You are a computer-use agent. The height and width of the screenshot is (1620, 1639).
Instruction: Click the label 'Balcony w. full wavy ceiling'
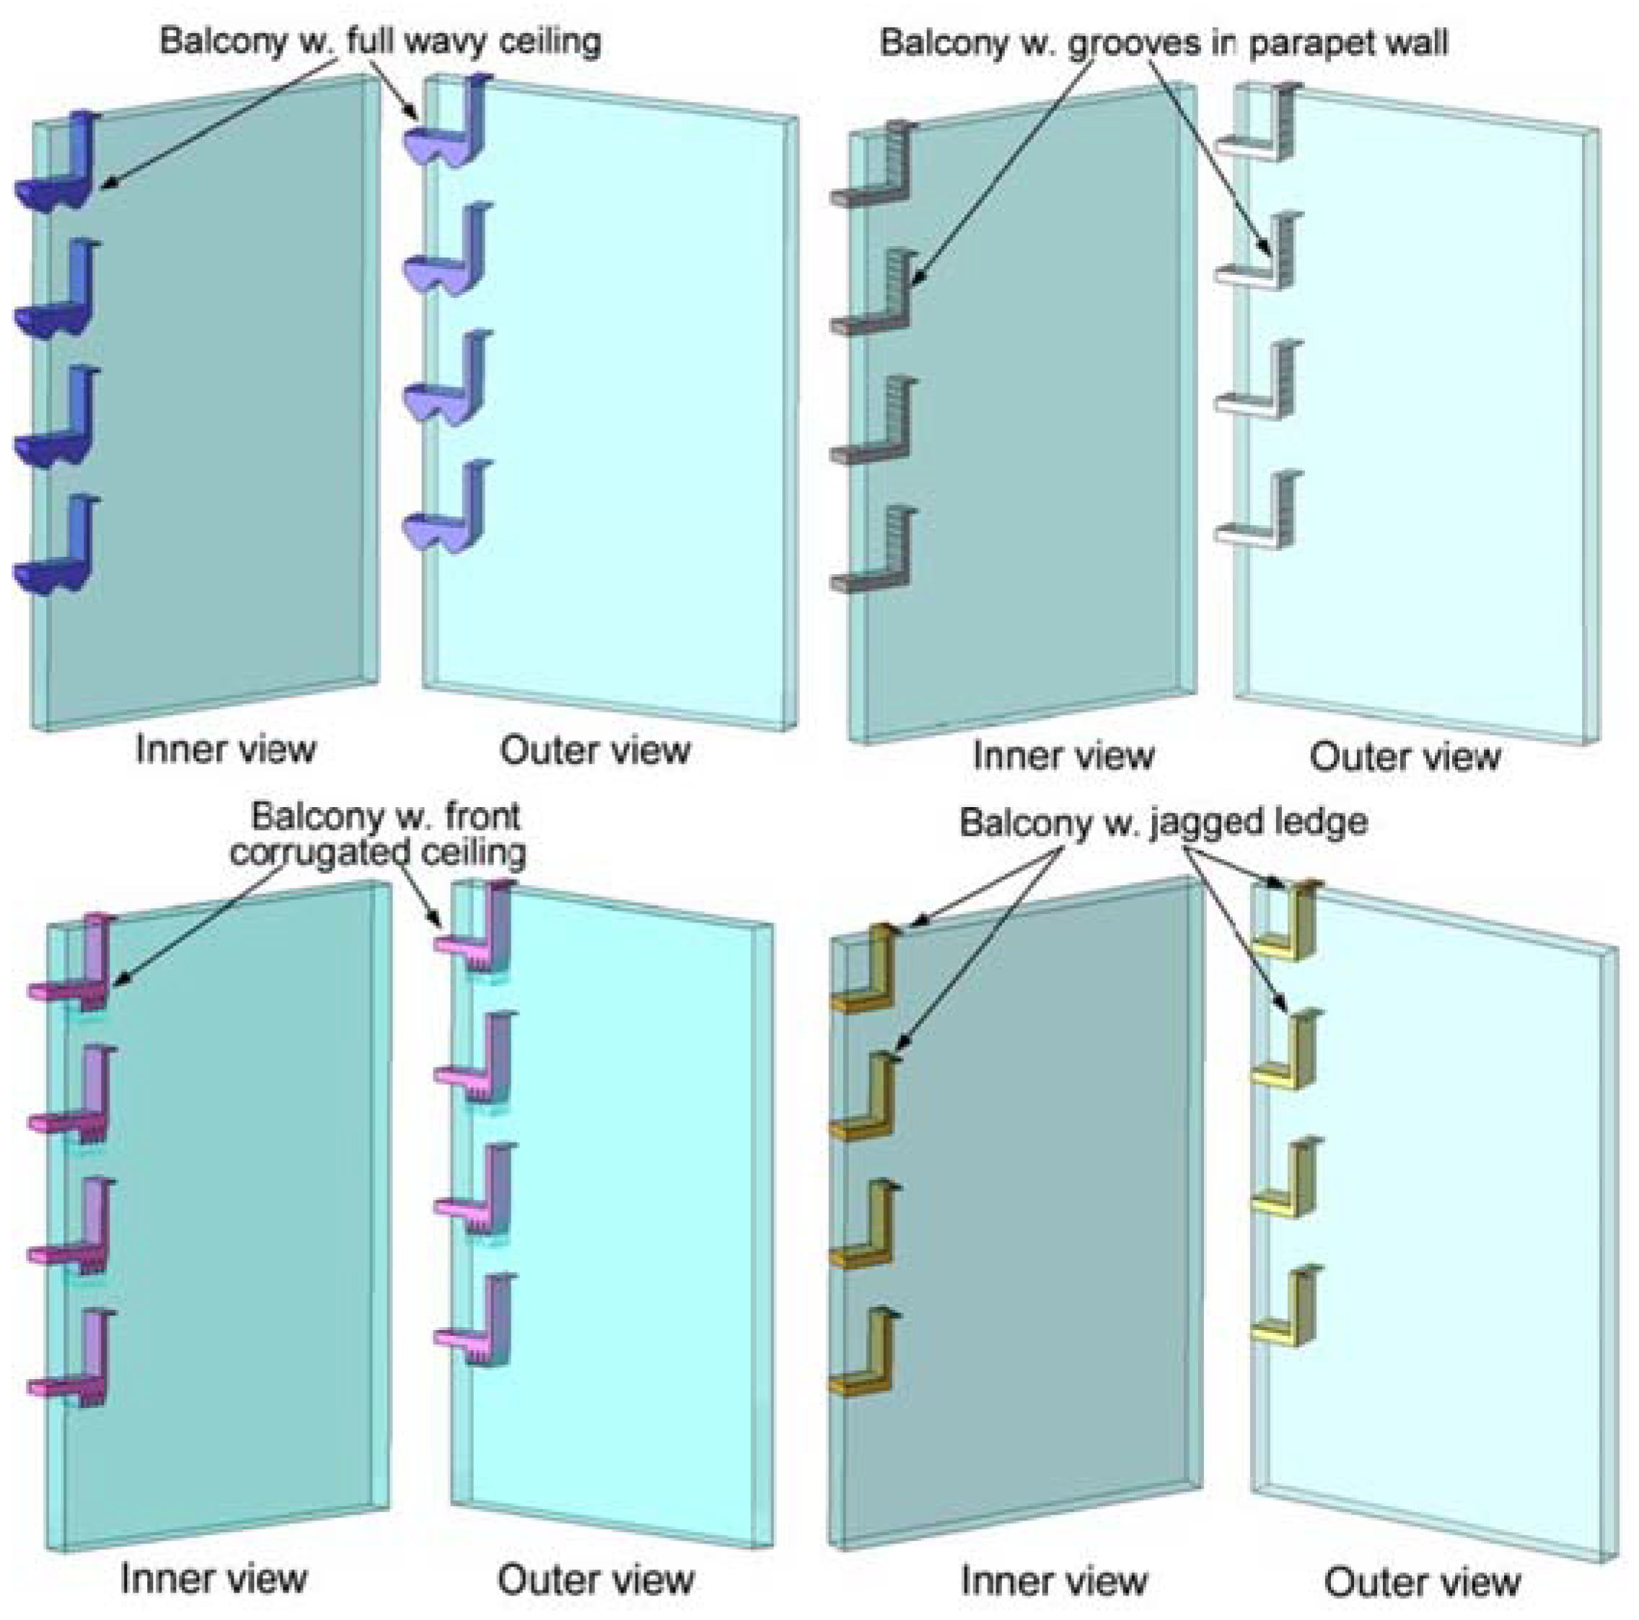pos(380,40)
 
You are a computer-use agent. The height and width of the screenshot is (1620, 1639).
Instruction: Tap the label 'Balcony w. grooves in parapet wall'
pos(1164,42)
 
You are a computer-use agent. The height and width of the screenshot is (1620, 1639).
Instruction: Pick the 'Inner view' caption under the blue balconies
pos(226,749)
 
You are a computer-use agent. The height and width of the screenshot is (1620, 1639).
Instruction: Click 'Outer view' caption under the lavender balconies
pos(594,751)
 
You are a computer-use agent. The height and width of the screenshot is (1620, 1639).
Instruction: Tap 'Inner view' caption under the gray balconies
pos(1064,755)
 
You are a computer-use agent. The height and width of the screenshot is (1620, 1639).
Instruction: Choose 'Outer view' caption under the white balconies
pos(1405,757)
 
